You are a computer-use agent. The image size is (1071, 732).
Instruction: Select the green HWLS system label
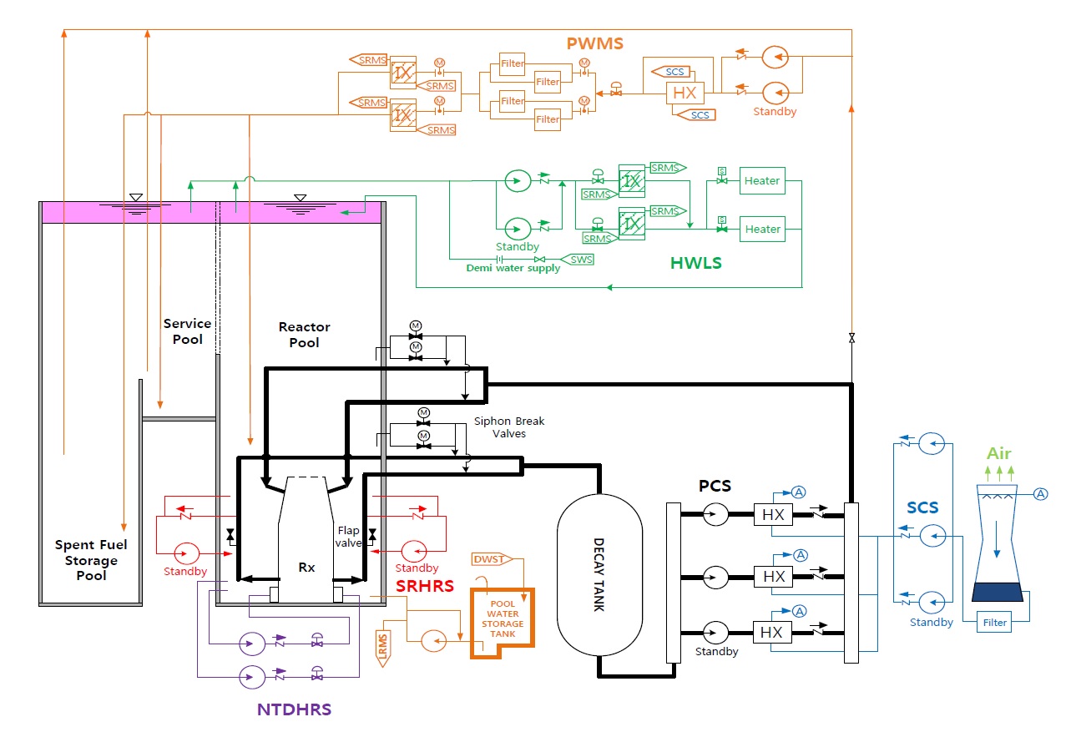[695, 263]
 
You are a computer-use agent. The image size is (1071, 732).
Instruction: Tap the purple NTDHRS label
[293, 710]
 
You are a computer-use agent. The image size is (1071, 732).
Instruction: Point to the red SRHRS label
[424, 586]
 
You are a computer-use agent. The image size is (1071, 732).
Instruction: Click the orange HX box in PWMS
[685, 93]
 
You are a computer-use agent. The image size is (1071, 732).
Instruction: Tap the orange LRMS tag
[382, 648]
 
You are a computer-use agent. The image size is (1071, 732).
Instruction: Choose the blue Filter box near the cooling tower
[995, 623]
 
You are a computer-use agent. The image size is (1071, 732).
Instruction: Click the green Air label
[999, 454]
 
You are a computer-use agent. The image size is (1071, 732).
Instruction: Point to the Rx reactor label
[306, 568]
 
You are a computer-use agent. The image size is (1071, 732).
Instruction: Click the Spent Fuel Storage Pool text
[91, 560]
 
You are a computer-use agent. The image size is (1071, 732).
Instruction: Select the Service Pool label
[187, 331]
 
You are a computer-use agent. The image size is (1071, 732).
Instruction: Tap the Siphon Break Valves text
[499, 427]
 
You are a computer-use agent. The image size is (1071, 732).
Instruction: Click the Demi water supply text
[513, 269]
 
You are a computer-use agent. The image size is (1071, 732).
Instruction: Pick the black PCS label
[715, 485]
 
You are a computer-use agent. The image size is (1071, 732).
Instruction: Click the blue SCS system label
[922, 507]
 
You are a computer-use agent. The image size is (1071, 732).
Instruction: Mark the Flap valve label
[349, 537]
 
